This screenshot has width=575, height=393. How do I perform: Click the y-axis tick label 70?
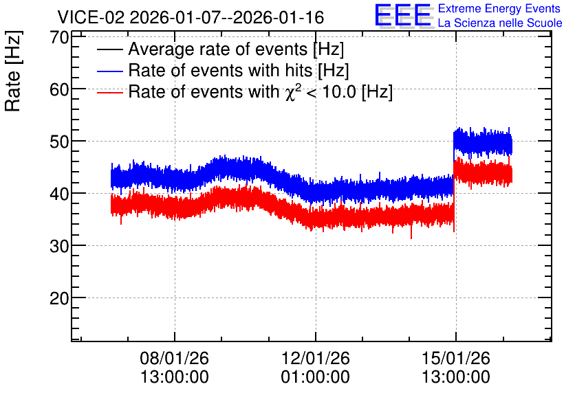[60, 37]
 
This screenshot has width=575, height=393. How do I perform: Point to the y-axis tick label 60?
[60, 89]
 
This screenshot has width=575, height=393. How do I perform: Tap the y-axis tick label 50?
[60, 142]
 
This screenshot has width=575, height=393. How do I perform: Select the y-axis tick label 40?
[60, 194]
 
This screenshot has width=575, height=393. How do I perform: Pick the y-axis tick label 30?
[60, 246]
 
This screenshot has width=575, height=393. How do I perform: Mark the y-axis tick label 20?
[60, 298]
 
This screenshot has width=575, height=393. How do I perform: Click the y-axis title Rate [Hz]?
[14, 71]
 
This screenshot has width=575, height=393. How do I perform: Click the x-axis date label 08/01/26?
[174, 358]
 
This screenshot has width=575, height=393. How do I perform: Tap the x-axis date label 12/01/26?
[316, 358]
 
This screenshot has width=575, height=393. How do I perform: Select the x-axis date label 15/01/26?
[456, 358]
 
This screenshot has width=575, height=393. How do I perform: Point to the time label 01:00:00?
[316, 377]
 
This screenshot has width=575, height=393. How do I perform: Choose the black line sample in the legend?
[110, 49]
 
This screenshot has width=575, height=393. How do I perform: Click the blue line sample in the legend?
[110, 71]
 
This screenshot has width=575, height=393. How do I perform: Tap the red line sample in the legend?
[110, 92]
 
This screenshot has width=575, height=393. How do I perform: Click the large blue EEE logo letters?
[402, 15]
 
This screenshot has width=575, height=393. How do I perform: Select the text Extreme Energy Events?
[499, 8]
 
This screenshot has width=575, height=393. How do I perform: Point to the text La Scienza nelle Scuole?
[500, 23]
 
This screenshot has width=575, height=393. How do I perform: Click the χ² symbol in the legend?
[291, 91]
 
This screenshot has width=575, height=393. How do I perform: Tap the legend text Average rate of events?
[218, 49]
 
